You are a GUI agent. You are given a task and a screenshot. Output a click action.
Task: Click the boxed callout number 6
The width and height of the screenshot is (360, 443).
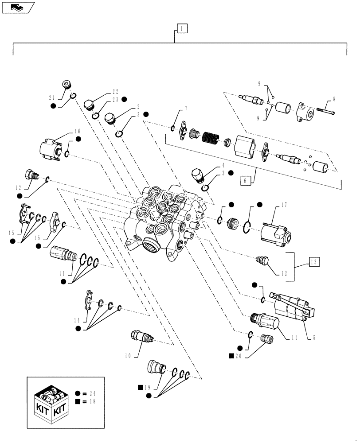click(x=247, y=180)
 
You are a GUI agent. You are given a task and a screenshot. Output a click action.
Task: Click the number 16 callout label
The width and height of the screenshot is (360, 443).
click(x=78, y=132)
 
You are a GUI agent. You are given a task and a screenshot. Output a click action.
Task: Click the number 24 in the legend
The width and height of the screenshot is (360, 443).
click(x=92, y=393)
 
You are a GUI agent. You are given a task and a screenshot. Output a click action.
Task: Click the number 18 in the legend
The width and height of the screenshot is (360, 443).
click(x=92, y=401)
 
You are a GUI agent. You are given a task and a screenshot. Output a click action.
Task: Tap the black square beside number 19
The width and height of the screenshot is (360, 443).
click(x=141, y=387)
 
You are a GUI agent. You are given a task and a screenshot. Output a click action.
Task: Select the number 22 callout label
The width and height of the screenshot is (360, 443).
click(x=115, y=92)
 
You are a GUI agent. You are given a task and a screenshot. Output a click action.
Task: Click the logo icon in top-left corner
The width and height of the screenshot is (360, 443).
click(x=18, y=7)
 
